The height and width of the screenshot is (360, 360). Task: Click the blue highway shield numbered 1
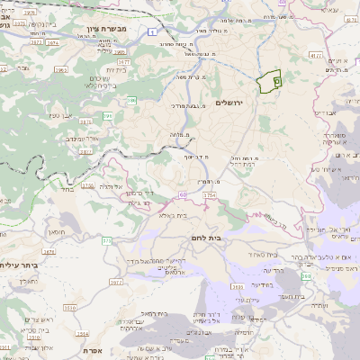pos(154,32)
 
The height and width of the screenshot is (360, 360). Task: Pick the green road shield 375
pos(106,241)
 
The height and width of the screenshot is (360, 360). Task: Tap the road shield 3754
pos(210,193)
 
